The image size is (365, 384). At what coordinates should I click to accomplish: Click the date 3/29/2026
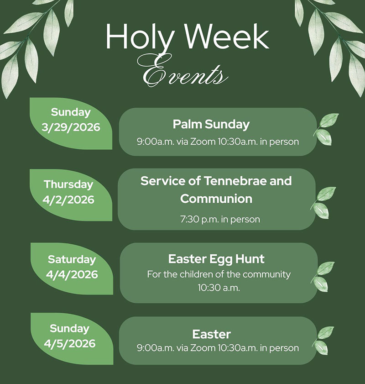(x=71, y=127)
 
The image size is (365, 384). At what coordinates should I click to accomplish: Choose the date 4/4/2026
(x=72, y=274)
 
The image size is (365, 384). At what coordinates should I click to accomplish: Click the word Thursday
(x=68, y=185)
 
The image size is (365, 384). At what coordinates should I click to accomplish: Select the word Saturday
(x=72, y=259)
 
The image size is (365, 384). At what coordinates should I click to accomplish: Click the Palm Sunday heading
(x=211, y=124)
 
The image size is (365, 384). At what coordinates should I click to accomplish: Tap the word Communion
(x=216, y=199)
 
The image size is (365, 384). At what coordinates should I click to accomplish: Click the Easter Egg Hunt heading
(x=216, y=259)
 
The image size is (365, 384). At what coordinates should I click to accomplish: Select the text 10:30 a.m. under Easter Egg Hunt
(x=219, y=288)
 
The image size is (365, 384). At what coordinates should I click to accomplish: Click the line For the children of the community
(x=219, y=274)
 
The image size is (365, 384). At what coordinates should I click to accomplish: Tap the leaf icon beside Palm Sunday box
(x=326, y=129)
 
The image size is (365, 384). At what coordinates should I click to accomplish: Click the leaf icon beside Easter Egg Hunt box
(x=323, y=276)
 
